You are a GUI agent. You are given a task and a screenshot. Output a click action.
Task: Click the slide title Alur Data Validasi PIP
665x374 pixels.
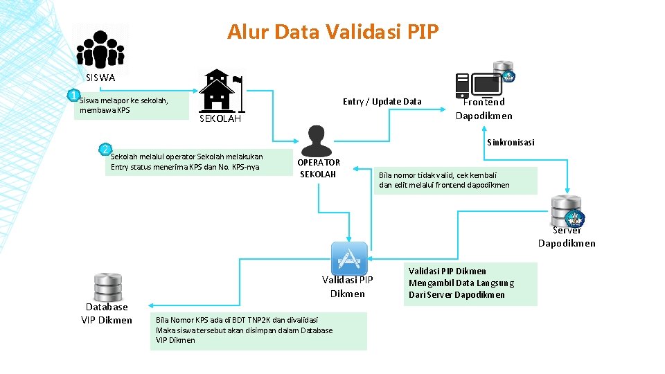pyautogui.click(x=332, y=32)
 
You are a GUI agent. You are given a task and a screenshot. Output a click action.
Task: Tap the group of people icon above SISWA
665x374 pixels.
pyautogui.click(x=100, y=49)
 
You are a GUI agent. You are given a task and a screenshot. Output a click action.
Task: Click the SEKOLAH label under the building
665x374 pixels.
pyautogui.click(x=220, y=118)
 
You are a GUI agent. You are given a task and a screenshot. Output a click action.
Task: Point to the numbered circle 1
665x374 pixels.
pyautogui.click(x=72, y=95)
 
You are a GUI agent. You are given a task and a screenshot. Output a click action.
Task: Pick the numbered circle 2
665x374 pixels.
pyautogui.click(x=105, y=149)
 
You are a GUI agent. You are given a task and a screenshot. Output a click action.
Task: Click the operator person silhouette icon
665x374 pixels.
pyautogui.click(x=317, y=141)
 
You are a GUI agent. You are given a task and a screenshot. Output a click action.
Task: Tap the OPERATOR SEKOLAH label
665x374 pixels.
pyautogui.click(x=318, y=168)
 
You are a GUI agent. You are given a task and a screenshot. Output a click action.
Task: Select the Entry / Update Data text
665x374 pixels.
pyautogui.click(x=382, y=102)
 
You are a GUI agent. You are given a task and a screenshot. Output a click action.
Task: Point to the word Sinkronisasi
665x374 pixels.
pyautogui.click(x=511, y=143)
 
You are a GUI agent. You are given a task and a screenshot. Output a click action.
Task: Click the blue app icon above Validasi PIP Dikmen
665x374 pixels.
pyautogui.click(x=348, y=258)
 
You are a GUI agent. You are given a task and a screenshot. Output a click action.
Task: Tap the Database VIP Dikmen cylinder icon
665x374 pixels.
pyautogui.click(x=107, y=287)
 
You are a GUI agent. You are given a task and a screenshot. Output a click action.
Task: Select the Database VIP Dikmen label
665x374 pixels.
pyautogui.click(x=107, y=313)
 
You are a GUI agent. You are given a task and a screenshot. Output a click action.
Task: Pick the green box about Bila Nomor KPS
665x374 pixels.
pyautogui.click(x=258, y=330)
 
